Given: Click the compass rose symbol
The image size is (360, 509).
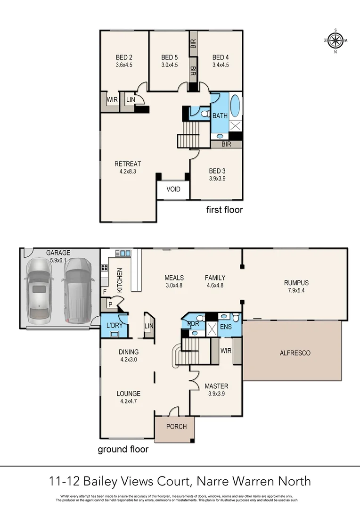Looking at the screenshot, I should coord(335,41).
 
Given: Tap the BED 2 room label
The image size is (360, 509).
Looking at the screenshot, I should coord(124,58).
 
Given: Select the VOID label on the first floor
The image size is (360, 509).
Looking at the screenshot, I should coord(173,189).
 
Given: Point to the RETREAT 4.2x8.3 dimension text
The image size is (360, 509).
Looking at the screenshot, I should coord(128,172).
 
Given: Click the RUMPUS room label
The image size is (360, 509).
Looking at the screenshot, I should coord(296,283).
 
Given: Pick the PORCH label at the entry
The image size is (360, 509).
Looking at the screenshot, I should coord(177,427).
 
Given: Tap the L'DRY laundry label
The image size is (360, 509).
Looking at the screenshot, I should coord(115,326).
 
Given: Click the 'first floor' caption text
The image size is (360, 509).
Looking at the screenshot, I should coord(224,210).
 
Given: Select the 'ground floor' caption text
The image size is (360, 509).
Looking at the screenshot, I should coord(123,449).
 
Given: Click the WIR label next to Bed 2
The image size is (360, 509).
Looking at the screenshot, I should coord(112,100).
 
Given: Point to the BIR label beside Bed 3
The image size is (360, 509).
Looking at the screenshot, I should coord(226,144).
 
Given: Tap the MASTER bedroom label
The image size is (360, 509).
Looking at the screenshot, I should coord(216,386).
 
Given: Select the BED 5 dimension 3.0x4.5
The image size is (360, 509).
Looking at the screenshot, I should coord(169,65).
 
